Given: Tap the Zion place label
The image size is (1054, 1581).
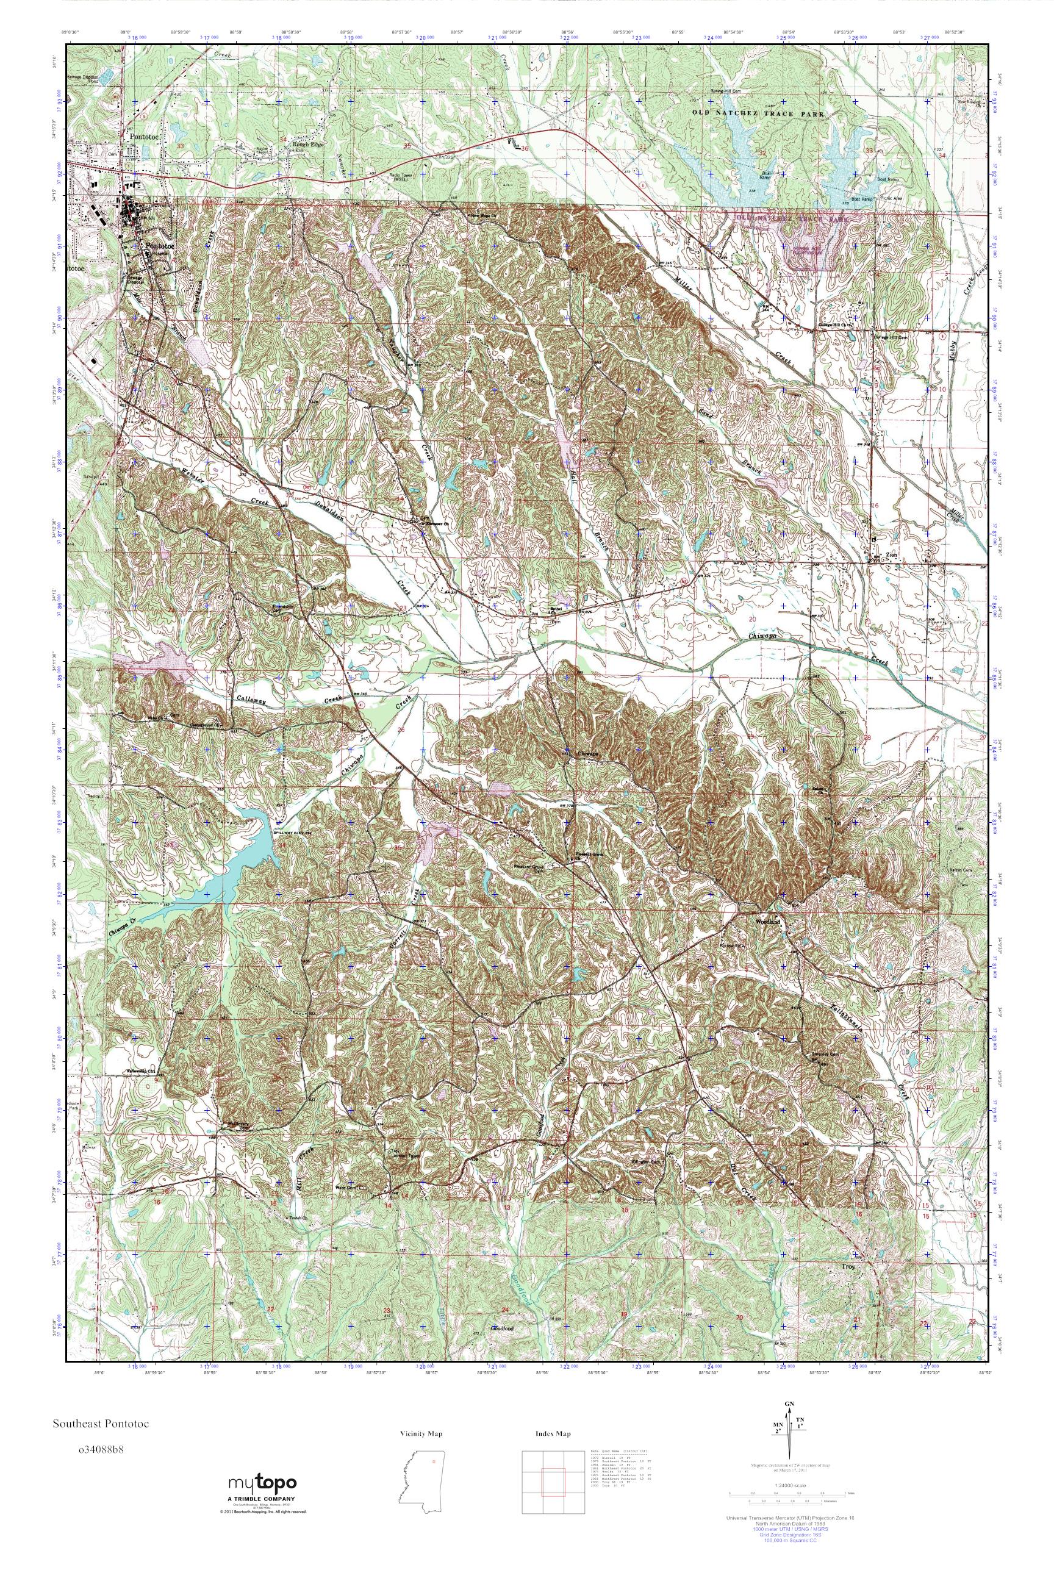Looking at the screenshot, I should (x=892, y=554).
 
